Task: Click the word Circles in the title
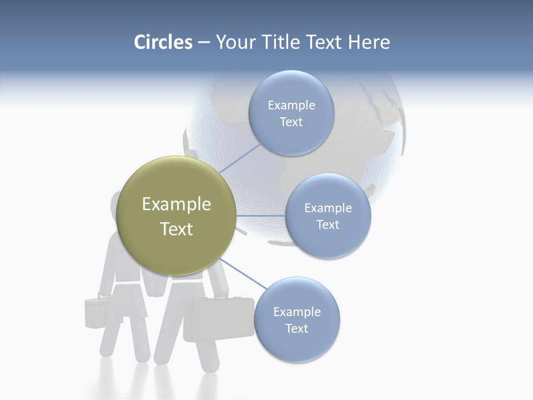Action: [x=163, y=42]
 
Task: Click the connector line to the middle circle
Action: [x=261, y=216]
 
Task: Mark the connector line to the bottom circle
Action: [x=243, y=273]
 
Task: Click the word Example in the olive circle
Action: [x=177, y=204]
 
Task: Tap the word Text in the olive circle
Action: [x=177, y=229]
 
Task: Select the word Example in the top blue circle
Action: [x=291, y=106]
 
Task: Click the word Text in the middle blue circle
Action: [x=328, y=224]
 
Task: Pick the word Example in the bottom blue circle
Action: [x=296, y=312]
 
